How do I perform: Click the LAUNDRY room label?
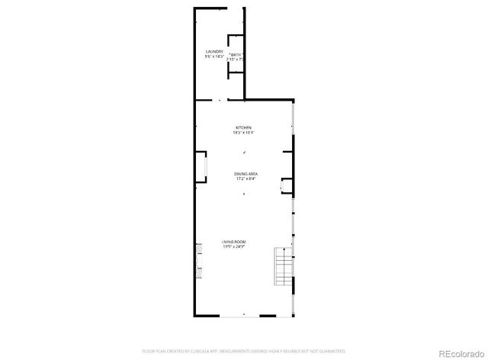click(214, 52)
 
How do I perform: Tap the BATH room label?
click(235, 54)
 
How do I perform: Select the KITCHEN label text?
click(243, 127)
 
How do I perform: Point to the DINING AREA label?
click(245, 174)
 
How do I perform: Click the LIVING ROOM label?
click(234, 242)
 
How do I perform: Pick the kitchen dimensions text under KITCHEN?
click(243, 133)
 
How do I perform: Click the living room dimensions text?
click(234, 247)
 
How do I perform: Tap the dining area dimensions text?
click(245, 179)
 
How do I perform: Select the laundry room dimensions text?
click(214, 57)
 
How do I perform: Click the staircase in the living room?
click(284, 268)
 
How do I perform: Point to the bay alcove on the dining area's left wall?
click(201, 168)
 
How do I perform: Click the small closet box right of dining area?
click(287, 184)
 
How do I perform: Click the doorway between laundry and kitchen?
click(220, 100)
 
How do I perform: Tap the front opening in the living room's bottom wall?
click(244, 315)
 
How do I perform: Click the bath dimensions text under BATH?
click(235, 59)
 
